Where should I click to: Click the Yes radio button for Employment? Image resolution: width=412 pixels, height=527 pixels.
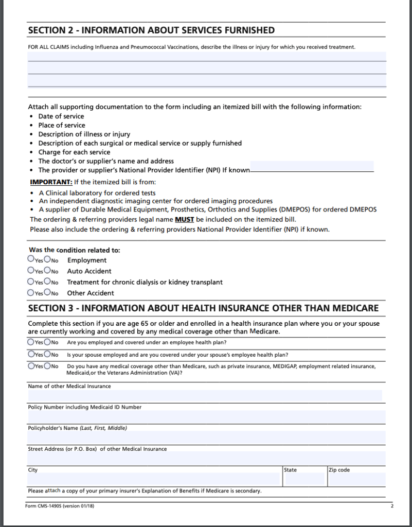pyautogui.click(x=31, y=259)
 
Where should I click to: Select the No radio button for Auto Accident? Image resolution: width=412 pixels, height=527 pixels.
pyautogui.click(x=47, y=270)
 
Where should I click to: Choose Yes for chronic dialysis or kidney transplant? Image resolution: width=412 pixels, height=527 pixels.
pyautogui.click(x=31, y=282)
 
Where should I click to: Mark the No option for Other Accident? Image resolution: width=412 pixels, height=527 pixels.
pyautogui.click(x=47, y=292)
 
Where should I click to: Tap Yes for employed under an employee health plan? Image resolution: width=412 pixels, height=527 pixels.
pyautogui.click(x=31, y=342)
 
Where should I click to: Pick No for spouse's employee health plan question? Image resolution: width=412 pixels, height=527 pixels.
pyautogui.click(x=47, y=354)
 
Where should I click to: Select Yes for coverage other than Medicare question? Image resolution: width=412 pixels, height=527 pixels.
pyautogui.click(x=31, y=366)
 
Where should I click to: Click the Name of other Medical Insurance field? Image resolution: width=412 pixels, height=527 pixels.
pyautogui.click(x=205, y=395)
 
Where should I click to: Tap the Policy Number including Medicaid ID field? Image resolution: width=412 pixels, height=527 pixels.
pyautogui.click(x=206, y=416)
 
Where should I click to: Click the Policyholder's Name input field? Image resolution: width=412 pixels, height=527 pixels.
pyautogui.click(x=206, y=437)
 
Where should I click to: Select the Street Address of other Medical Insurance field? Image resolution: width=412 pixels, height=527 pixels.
pyautogui.click(x=206, y=458)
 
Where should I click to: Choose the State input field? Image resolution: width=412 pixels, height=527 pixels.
pyautogui.click(x=304, y=479)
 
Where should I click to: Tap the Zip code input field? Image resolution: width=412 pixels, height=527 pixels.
pyautogui.click(x=356, y=479)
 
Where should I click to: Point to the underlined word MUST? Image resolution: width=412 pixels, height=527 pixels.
pyautogui.click(x=185, y=219)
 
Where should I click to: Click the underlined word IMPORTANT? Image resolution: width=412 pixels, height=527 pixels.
pyautogui.click(x=51, y=182)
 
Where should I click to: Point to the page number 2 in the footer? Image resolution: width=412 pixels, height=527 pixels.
pyautogui.click(x=391, y=506)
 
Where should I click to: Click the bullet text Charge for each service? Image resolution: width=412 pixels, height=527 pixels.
pyautogui.click(x=74, y=152)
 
